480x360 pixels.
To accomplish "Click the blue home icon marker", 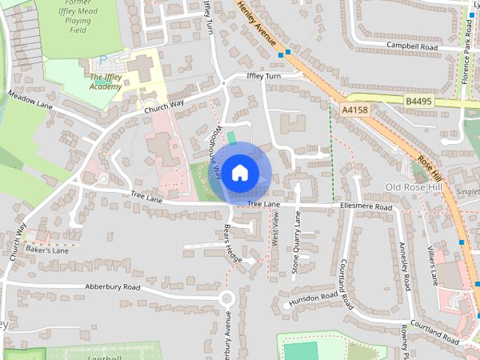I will [x=238, y=172].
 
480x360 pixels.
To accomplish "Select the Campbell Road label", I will [x=412, y=46].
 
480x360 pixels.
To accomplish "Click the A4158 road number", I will [x=355, y=110].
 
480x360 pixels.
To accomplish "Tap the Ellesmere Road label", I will [x=365, y=206].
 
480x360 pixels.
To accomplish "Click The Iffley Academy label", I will [x=106, y=82].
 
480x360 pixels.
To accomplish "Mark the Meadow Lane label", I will [x=29, y=99].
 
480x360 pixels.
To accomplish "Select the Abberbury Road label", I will [x=112, y=286].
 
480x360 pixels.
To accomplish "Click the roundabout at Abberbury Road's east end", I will [x=226, y=298].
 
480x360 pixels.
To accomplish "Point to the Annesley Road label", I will [x=404, y=266].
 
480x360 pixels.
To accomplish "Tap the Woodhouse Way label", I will [x=214, y=153].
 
